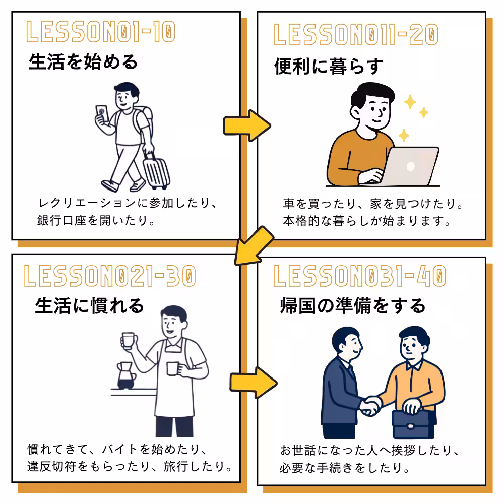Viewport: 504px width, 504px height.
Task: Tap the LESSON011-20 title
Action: point(356,35)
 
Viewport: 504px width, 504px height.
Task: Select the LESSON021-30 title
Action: point(109,276)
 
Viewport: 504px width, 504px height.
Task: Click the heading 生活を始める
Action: point(83,62)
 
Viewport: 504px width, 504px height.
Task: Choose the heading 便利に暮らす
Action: point(329,66)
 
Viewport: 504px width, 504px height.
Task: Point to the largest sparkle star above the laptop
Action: point(411,102)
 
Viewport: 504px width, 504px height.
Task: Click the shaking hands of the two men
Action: point(371,405)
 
